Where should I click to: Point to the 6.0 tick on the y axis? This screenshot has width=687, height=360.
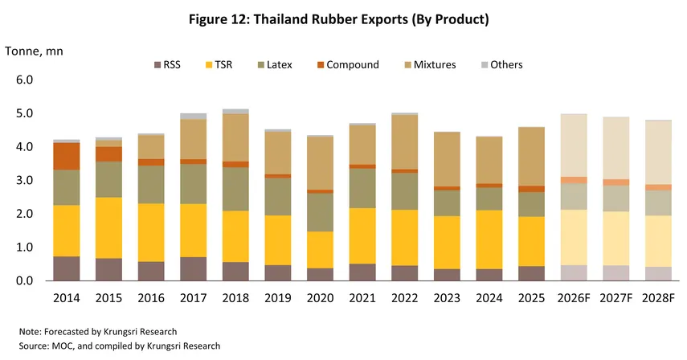[x=24, y=80]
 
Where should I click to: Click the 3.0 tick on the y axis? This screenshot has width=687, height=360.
[x=24, y=181]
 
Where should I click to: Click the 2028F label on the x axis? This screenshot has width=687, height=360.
[x=660, y=297]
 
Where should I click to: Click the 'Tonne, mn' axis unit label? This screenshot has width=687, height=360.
[x=34, y=51]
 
